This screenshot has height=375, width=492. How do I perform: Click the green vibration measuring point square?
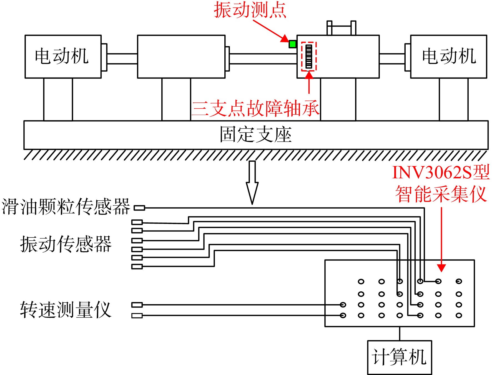293,44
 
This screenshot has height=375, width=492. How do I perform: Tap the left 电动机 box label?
62,56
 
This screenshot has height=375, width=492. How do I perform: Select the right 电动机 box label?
449,56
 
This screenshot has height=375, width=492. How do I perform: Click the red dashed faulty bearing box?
309,56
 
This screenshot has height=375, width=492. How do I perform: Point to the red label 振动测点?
250,10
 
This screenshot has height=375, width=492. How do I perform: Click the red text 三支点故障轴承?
256,108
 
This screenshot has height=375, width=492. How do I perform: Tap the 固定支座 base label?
256,134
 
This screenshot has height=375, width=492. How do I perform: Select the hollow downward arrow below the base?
252,182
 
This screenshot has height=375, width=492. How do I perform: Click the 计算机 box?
400,357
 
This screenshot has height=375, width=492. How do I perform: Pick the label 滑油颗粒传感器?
66,207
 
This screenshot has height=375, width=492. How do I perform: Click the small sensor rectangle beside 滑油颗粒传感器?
139,208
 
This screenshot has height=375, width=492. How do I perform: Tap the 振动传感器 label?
66,244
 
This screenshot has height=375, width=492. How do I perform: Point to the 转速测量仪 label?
66,310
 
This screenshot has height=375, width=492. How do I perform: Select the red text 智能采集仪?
441,194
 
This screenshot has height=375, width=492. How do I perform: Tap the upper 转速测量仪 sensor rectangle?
137,305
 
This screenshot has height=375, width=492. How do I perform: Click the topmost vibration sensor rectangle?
137,222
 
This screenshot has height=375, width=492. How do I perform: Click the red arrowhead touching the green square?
285,38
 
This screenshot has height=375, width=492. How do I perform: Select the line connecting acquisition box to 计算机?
400,334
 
